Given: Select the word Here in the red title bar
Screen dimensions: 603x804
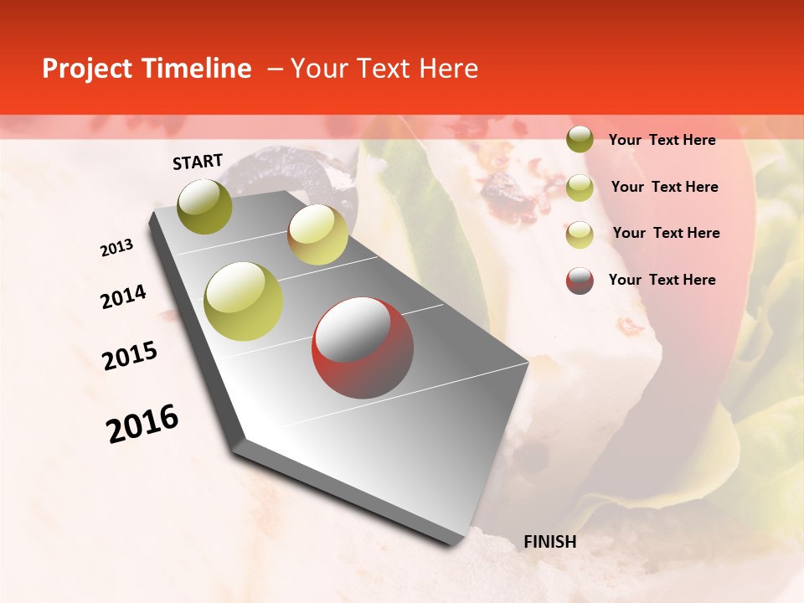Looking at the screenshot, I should [x=449, y=69].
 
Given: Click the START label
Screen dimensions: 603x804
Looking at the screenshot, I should [x=198, y=162].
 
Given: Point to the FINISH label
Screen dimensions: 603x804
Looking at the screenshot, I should [x=550, y=542].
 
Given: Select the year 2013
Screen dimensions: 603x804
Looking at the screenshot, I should [x=117, y=248].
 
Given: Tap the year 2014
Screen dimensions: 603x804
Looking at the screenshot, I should [x=123, y=296].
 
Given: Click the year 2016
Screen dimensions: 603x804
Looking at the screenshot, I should [x=142, y=424].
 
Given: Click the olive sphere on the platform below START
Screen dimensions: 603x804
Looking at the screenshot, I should [x=205, y=206].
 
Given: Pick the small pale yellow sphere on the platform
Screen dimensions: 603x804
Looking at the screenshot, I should [x=317, y=234].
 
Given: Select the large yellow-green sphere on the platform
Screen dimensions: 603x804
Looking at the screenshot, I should [x=244, y=301].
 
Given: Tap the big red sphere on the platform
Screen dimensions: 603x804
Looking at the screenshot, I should [x=363, y=348].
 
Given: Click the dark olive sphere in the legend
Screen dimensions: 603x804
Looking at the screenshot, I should [x=580, y=140].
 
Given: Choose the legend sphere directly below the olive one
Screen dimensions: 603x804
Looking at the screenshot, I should [x=580, y=188].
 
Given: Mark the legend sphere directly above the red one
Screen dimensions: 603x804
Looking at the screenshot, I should [x=580, y=234].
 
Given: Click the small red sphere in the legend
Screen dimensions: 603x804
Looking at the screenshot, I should [x=580, y=281].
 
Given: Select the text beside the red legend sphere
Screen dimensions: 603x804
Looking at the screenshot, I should [x=662, y=280].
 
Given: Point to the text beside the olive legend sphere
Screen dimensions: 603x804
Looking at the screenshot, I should [x=662, y=140].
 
